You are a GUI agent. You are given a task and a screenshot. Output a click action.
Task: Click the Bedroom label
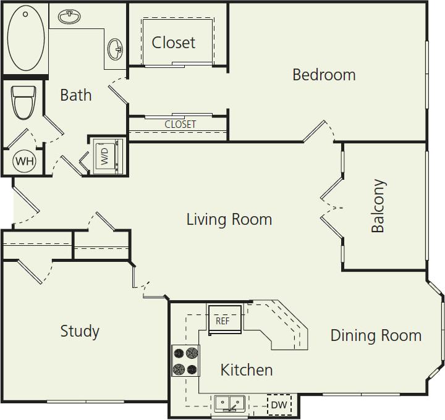(324, 75)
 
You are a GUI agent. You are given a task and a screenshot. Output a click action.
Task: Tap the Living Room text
(229, 219)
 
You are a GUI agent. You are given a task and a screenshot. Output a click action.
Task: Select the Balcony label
(378, 206)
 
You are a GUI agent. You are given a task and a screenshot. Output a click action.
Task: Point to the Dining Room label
(376, 335)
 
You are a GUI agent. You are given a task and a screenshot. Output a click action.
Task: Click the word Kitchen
(247, 370)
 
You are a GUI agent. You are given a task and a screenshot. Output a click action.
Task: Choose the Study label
(80, 331)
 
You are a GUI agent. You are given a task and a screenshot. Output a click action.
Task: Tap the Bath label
(76, 95)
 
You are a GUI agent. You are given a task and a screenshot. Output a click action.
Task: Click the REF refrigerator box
(223, 321)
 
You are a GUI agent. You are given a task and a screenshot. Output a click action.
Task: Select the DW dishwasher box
(279, 405)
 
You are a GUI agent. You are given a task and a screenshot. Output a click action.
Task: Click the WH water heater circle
(25, 161)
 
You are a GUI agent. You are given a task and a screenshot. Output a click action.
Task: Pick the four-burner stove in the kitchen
(185, 361)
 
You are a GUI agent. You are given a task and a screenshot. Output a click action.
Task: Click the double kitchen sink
(229, 404)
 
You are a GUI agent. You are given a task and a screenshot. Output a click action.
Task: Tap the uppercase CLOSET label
(180, 124)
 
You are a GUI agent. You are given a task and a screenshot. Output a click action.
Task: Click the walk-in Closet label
(174, 43)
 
